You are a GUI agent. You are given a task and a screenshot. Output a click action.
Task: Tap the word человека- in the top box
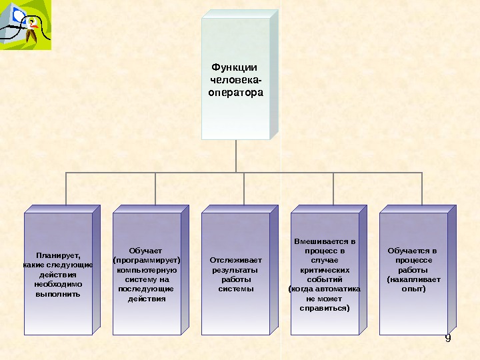(236, 80)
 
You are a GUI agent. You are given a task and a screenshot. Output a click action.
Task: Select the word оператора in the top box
(236, 93)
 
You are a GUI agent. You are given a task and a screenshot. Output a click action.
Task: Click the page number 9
(448, 339)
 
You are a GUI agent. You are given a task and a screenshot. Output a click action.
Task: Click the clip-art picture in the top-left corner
(26, 26)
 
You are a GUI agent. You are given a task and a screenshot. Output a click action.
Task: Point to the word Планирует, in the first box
(58, 255)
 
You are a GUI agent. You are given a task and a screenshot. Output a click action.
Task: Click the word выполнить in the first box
(58, 293)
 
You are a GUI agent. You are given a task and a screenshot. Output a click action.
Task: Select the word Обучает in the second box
(147, 251)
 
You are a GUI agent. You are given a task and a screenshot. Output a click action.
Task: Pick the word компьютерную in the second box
(147, 270)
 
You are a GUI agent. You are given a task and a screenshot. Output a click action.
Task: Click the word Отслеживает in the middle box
(236, 260)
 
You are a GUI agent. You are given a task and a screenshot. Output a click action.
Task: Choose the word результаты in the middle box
(234, 270)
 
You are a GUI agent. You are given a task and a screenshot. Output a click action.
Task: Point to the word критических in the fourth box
(325, 270)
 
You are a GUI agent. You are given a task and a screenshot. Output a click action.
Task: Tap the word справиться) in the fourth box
(325, 309)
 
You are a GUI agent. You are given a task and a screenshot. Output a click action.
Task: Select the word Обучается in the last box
(409, 251)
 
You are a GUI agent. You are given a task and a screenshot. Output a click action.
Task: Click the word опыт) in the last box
(413, 289)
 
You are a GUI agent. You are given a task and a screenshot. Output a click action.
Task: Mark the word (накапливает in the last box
(413, 279)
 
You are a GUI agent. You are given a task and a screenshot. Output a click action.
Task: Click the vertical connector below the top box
(236, 156)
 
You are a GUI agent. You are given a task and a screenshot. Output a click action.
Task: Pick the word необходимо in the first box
(58, 284)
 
